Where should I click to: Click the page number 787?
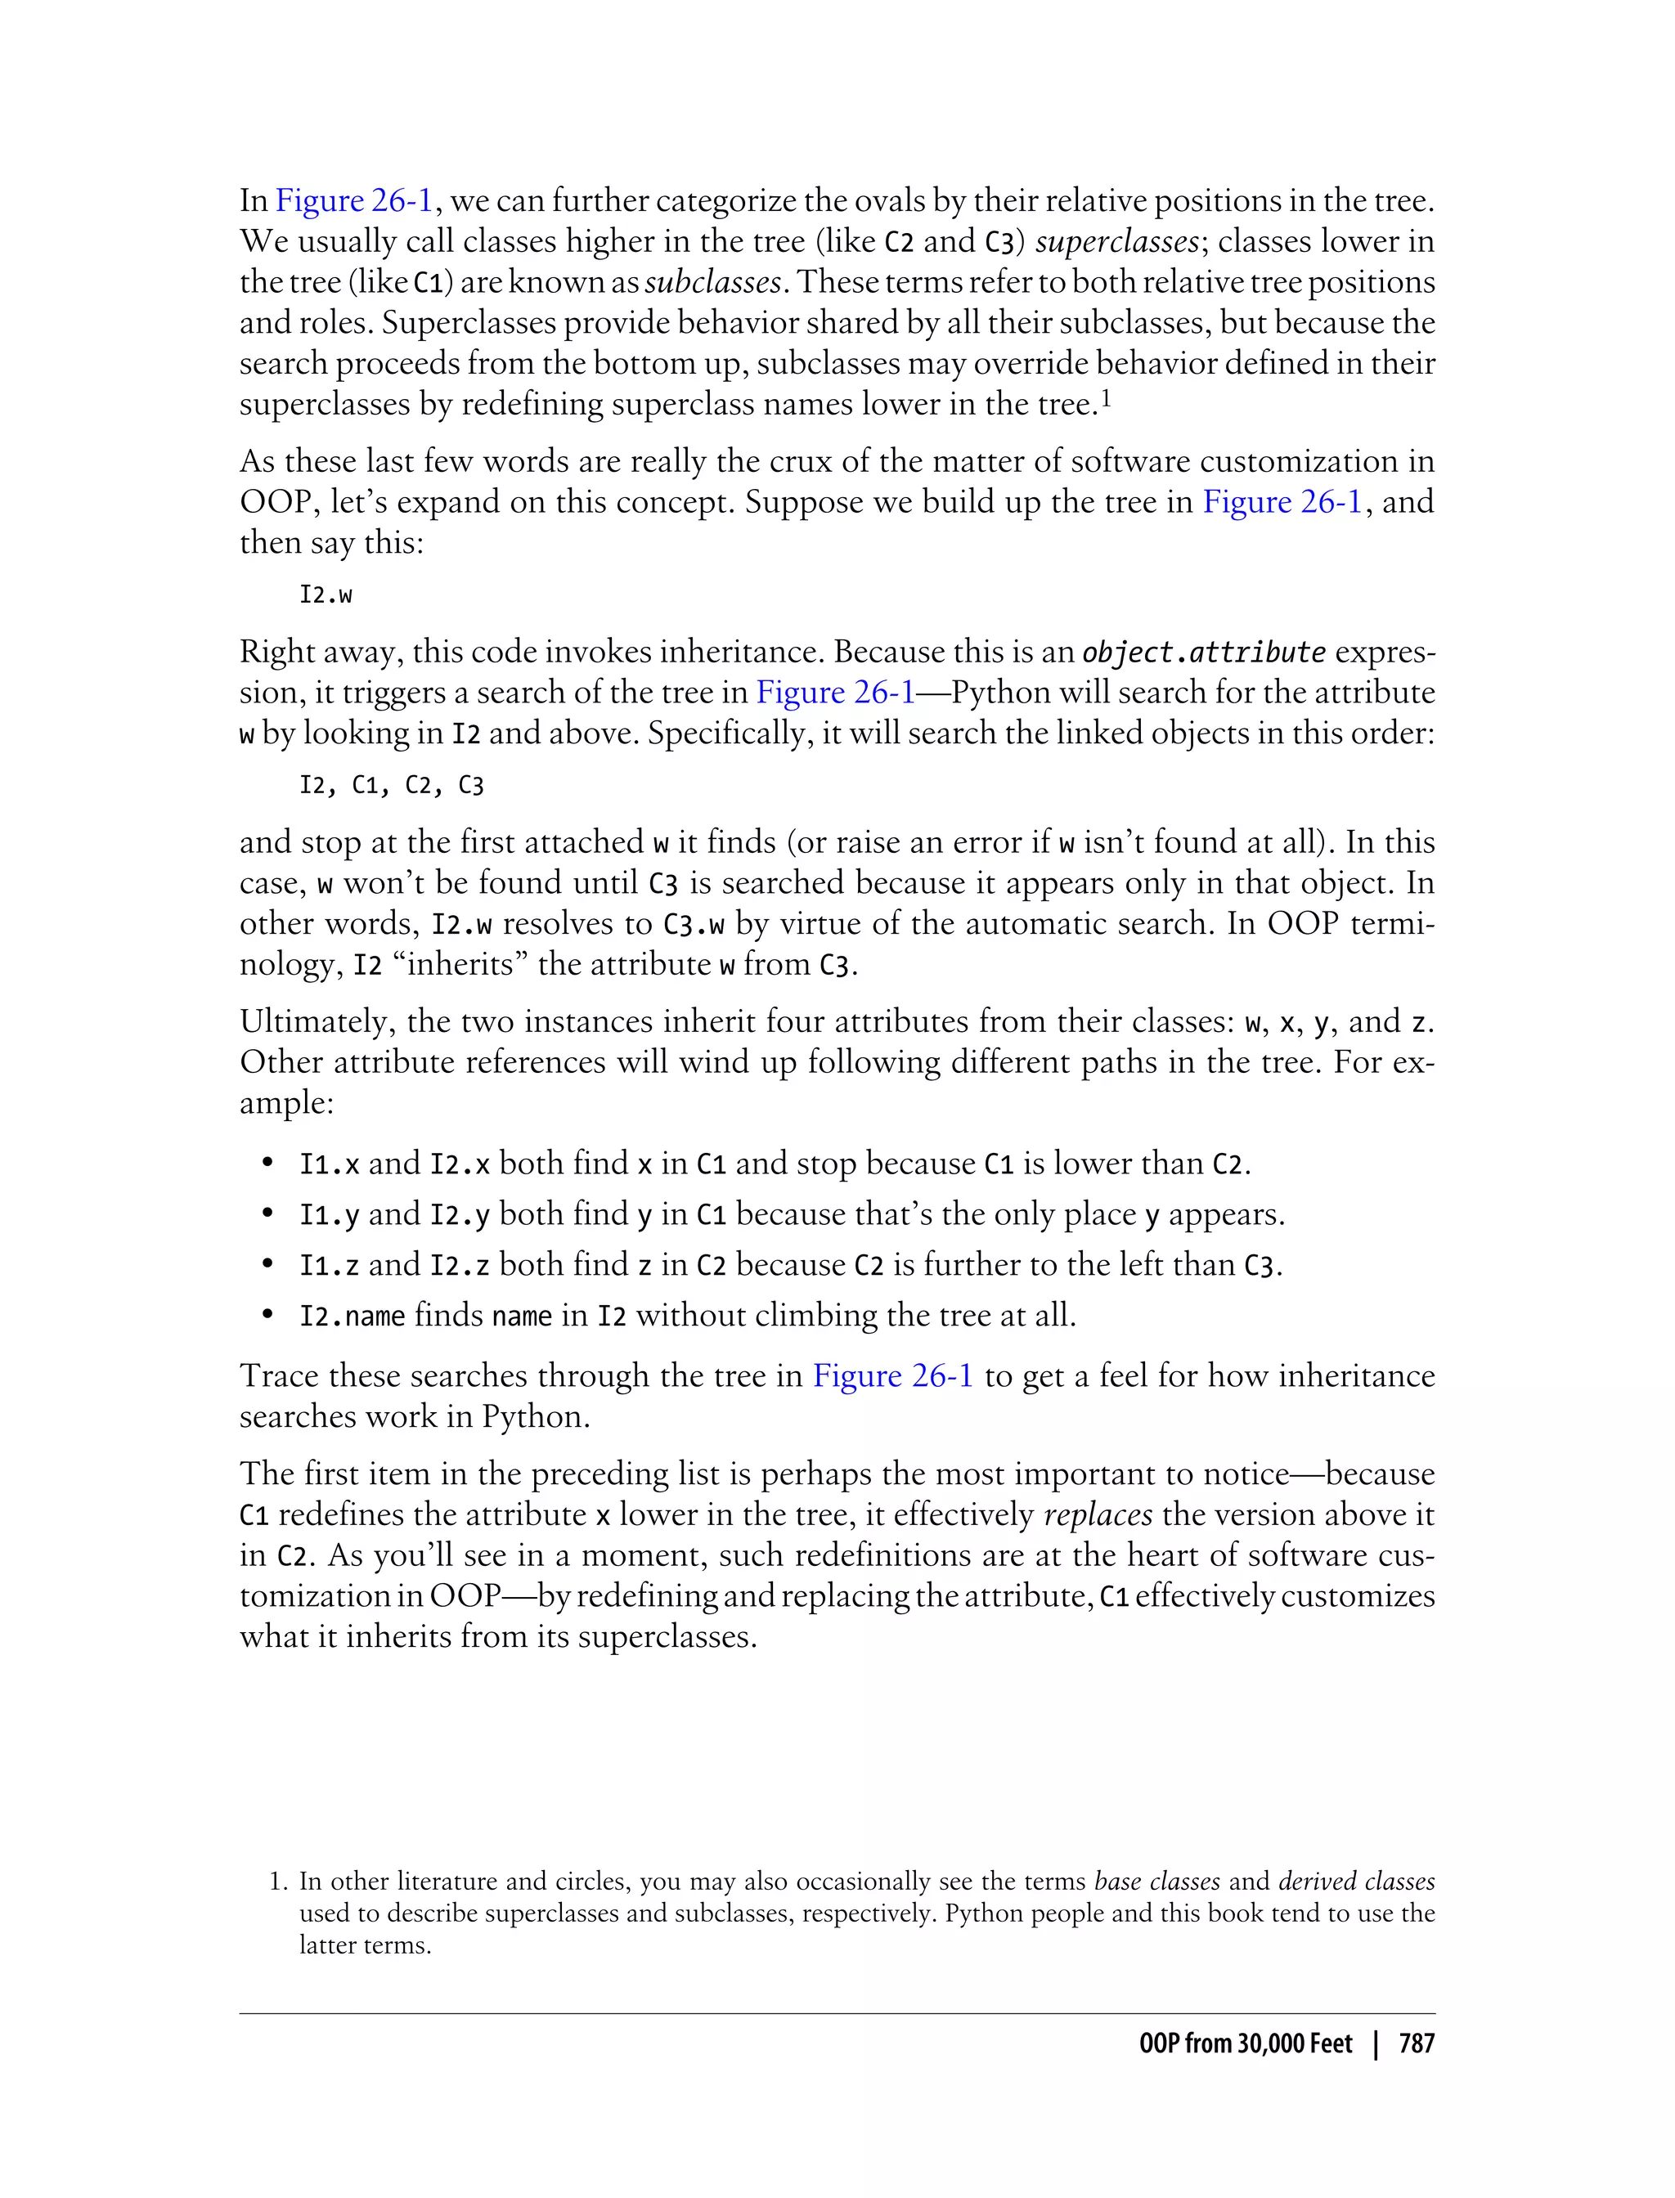[x=1416, y=2043]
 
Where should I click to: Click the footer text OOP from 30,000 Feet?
[x=1246, y=2043]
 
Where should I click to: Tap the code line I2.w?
[x=326, y=595]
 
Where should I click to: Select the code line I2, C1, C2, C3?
[x=391, y=786]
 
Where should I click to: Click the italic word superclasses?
[x=1116, y=241]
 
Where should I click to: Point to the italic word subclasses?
[x=712, y=282]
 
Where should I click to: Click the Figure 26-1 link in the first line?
[x=354, y=200]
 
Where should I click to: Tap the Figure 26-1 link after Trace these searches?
[x=892, y=1375]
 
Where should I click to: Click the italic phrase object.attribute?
[x=1203, y=652]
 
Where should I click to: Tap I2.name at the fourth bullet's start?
[x=352, y=1316]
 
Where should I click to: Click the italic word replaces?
[x=1098, y=1514]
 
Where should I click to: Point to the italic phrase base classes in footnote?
[x=1156, y=1881]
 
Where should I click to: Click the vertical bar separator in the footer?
[x=1376, y=2043]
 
